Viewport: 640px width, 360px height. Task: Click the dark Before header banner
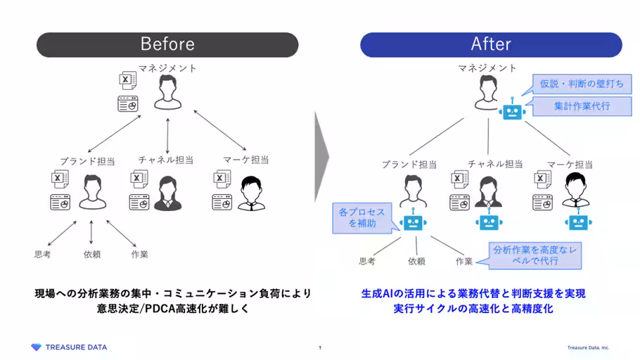coord(167,44)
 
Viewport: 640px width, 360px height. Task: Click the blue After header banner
coord(491,44)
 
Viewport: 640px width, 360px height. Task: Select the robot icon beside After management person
coord(511,112)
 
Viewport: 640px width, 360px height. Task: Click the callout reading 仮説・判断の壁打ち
coord(581,84)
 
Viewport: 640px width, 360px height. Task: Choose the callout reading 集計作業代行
coord(581,106)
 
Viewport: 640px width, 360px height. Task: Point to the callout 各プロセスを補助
coord(362,217)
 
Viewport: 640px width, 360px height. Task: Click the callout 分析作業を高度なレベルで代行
coord(535,255)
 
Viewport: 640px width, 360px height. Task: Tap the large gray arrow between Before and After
coord(322,151)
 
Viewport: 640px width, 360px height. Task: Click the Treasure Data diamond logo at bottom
coord(37,347)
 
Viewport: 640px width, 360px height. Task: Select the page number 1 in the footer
coord(320,347)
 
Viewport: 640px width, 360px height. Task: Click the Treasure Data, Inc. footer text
coord(589,347)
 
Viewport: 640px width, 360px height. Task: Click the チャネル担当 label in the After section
coord(495,164)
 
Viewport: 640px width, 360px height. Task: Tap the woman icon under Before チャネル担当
coord(167,193)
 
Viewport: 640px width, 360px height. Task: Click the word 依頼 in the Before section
coord(92,254)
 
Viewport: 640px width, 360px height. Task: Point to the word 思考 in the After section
coord(367,261)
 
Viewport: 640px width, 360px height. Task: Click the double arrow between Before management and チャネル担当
coord(167,134)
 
